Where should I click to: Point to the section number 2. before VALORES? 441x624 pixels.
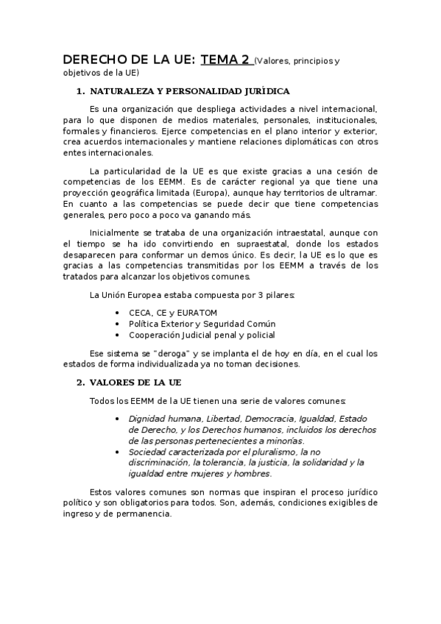click(x=80, y=383)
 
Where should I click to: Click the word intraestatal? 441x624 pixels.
click(x=278, y=232)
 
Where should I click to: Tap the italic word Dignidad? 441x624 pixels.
click(x=147, y=419)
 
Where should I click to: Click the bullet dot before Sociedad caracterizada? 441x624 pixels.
click(x=119, y=451)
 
